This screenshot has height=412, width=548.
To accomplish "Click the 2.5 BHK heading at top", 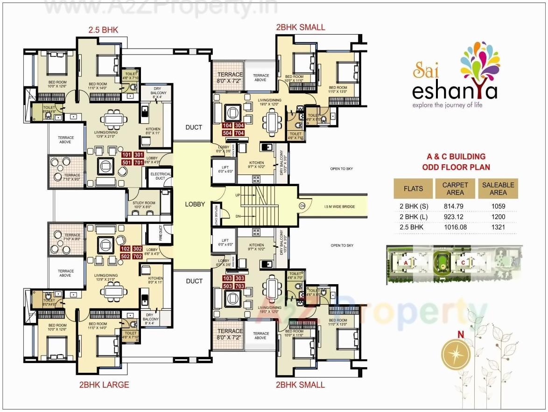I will click(103, 30).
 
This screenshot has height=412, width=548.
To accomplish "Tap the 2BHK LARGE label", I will click(104, 384).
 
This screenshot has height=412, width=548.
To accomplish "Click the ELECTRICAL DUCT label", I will click(160, 176).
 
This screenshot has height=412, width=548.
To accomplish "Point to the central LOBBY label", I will click(195, 204).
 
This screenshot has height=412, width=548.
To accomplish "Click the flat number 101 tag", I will click(126, 154).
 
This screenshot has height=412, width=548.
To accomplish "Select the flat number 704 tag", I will click(239, 133).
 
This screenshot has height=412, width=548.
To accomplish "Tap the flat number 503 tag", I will click(227, 286).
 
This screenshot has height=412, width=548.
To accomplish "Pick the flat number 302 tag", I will click(138, 249).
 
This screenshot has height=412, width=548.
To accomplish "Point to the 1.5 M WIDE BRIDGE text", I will click(340, 206).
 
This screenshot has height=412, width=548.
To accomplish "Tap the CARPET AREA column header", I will click(455, 189).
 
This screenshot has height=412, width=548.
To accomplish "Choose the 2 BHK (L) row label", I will click(413, 216).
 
